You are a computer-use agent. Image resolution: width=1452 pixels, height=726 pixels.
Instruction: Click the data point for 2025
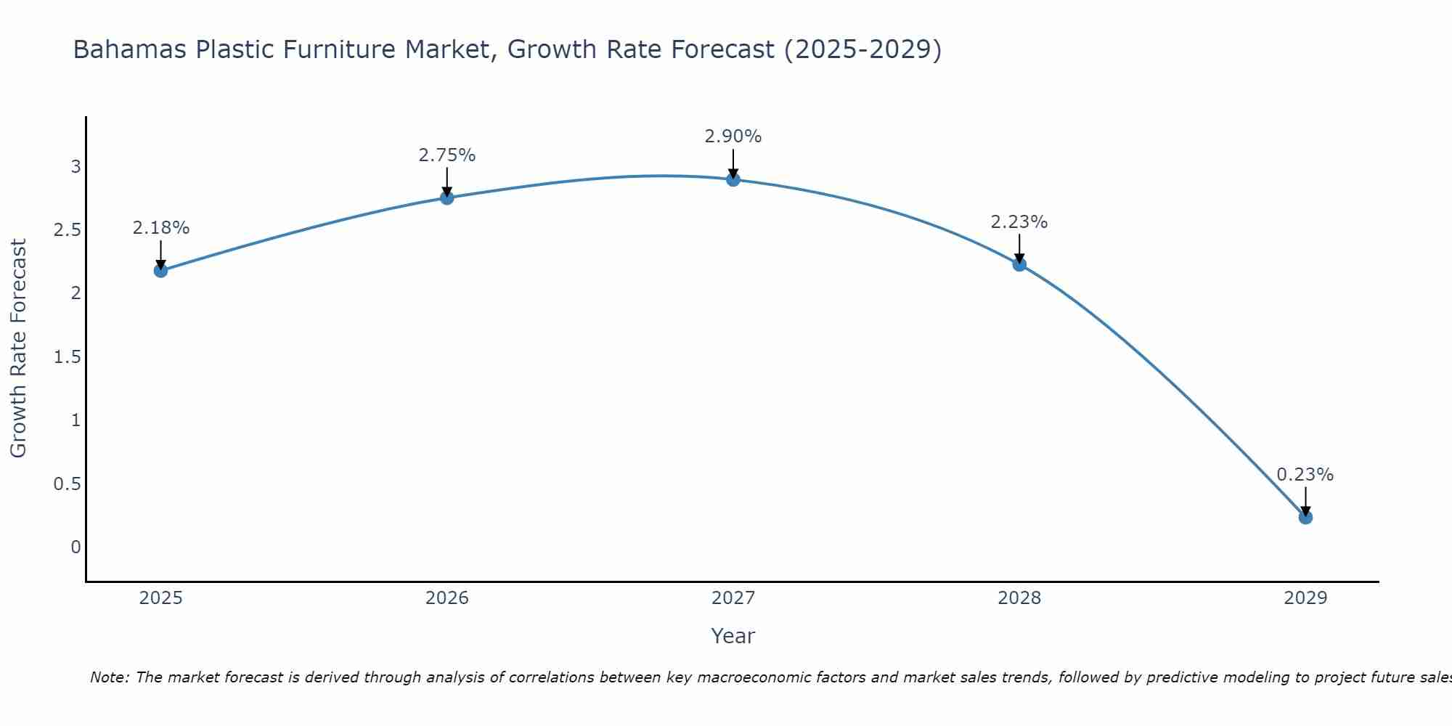(x=160, y=271)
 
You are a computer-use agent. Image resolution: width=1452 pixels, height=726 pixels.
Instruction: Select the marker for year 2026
(x=446, y=197)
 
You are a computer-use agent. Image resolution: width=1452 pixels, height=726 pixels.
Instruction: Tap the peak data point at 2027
(x=733, y=179)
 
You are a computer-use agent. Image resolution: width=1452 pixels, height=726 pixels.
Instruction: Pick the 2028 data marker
(x=1019, y=264)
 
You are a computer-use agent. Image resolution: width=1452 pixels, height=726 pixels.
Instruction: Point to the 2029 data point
(x=1305, y=518)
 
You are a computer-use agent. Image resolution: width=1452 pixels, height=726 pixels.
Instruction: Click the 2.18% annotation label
(x=160, y=228)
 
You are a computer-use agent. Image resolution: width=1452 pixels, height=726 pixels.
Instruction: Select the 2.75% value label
(x=446, y=155)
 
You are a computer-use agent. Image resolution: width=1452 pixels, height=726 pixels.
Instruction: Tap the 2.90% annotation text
(x=733, y=136)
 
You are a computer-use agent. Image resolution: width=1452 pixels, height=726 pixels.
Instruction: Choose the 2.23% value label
(x=1019, y=222)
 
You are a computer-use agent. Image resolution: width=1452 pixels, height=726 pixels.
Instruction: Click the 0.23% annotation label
(x=1305, y=475)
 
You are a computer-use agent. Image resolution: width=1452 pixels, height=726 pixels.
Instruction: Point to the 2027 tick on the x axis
(x=733, y=598)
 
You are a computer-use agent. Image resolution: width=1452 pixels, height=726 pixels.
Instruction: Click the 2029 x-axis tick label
(x=1305, y=598)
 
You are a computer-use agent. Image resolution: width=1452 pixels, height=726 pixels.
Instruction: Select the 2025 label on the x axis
(x=160, y=598)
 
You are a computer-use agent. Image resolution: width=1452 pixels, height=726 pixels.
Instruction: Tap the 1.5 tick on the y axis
(x=67, y=357)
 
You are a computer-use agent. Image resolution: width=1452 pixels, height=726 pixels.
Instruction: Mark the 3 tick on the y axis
(x=76, y=167)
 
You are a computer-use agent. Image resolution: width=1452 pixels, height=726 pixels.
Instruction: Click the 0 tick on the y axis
(x=76, y=547)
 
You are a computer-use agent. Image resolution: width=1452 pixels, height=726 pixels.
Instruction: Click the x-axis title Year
(x=733, y=636)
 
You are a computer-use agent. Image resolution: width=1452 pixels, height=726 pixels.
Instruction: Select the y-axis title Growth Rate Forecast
(x=18, y=348)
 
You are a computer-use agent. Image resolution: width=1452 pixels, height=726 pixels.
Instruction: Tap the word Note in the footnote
(x=109, y=677)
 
